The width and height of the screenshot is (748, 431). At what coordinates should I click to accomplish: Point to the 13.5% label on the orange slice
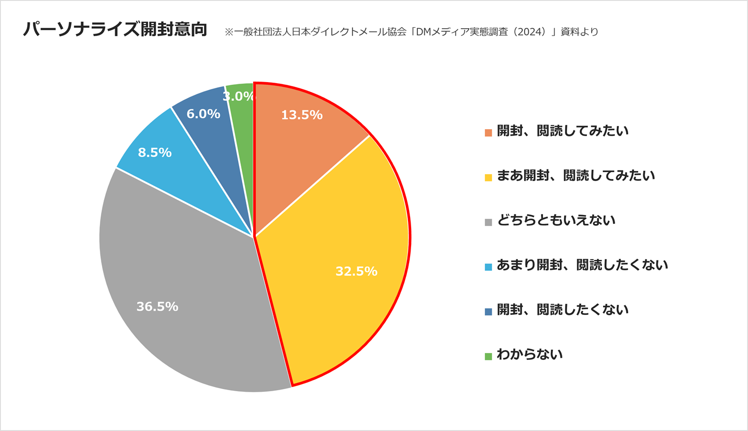pyautogui.click(x=302, y=115)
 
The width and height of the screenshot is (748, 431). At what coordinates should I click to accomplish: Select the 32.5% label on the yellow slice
pyautogui.click(x=356, y=271)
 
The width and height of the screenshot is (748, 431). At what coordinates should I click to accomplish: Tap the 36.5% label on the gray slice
pyautogui.click(x=157, y=307)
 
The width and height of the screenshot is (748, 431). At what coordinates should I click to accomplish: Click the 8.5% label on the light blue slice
pyautogui.click(x=155, y=153)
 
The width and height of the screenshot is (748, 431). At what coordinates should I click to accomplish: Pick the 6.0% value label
pyautogui.click(x=203, y=114)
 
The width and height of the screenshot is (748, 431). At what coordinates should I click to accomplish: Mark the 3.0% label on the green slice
pyautogui.click(x=239, y=97)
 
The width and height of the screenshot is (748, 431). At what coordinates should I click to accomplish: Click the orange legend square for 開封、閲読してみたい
pyautogui.click(x=489, y=133)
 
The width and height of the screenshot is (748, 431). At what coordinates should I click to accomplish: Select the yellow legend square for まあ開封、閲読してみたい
pyautogui.click(x=489, y=177)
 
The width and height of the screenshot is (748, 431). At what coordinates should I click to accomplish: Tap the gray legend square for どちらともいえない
pyautogui.click(x=489, y=222)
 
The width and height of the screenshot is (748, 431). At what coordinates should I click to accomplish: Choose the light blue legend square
pyautogui.click(x=489, y=267)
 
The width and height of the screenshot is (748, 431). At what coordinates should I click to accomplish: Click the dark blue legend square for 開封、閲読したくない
pyautogui.click(x=489, y=312)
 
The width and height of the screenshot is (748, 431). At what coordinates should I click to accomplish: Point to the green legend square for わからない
pyautogui.click(x=489, y=356)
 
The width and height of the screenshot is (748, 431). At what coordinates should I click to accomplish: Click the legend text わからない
pyautogui.click(x=529, y=355)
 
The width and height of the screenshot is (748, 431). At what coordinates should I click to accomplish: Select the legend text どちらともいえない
pyautogui.click(x=556, y=220)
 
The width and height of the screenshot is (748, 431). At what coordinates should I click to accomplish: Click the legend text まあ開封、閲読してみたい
pyautogui.click(x=576, y=176)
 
